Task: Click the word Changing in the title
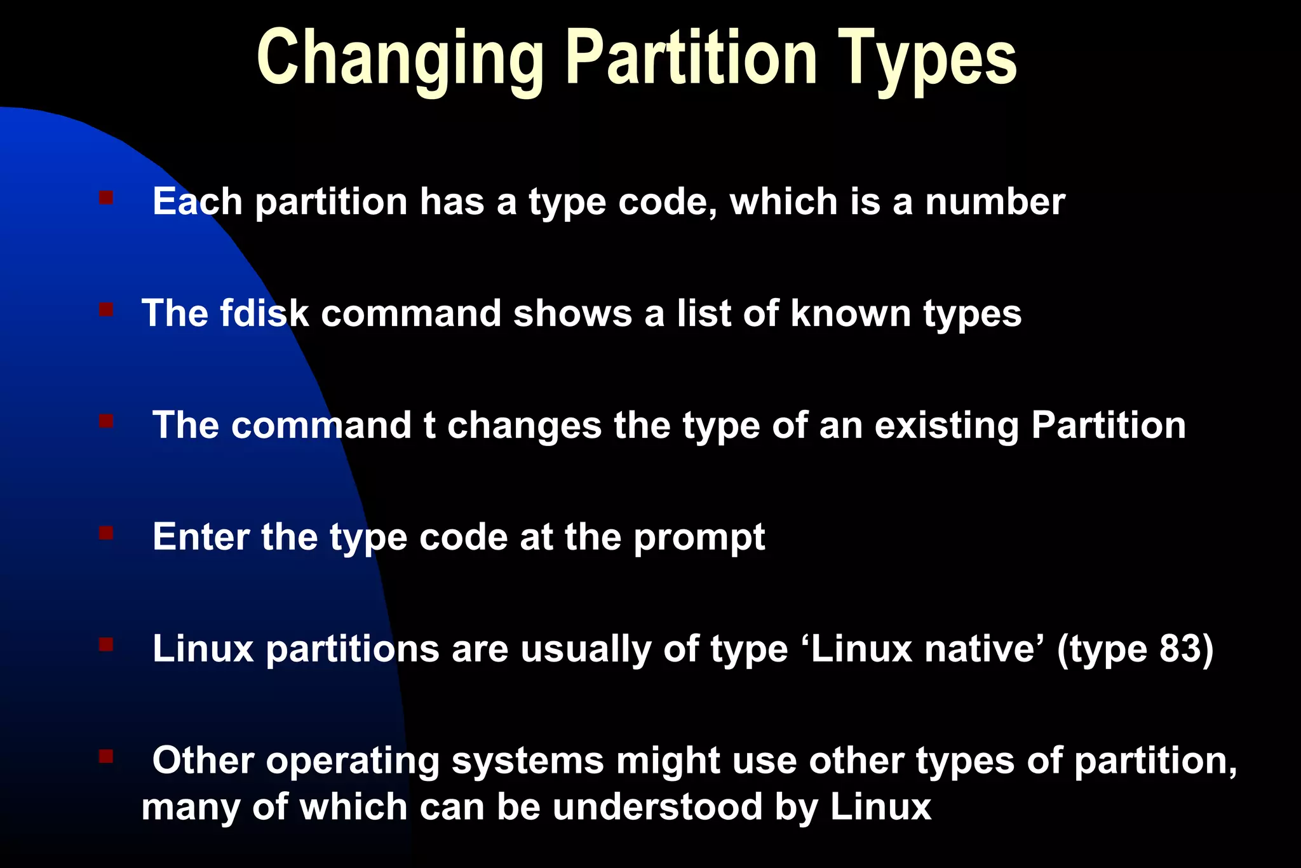coord(400,58)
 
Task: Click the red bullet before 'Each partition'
coord(106,198)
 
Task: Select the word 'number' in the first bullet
coord(995,202)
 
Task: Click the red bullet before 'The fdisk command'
coord(106,309)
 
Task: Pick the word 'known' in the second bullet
coord(851,313)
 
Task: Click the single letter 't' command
coord(429,425)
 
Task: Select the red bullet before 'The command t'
coord(106,421)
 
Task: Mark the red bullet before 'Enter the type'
coord(106,532)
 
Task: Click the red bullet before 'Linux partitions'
coord(106,645)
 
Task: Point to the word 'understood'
coord(658,806)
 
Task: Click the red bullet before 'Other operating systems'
coord(106,756)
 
